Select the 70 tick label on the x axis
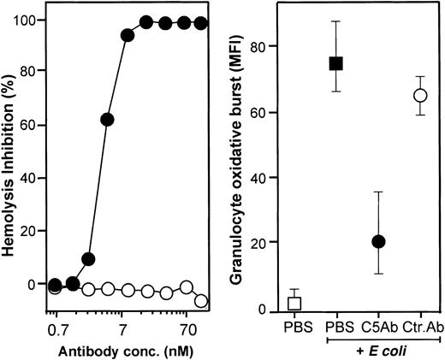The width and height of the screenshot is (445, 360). tap(187, 328)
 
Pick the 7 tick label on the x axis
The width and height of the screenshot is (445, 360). tap(122, 328)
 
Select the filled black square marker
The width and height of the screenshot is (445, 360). tap(336, 63)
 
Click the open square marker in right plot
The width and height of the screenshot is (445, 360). tap(294, 303)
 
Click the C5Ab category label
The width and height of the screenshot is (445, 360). tap(378, 328)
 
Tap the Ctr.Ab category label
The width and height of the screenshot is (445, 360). tap(422, 328)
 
